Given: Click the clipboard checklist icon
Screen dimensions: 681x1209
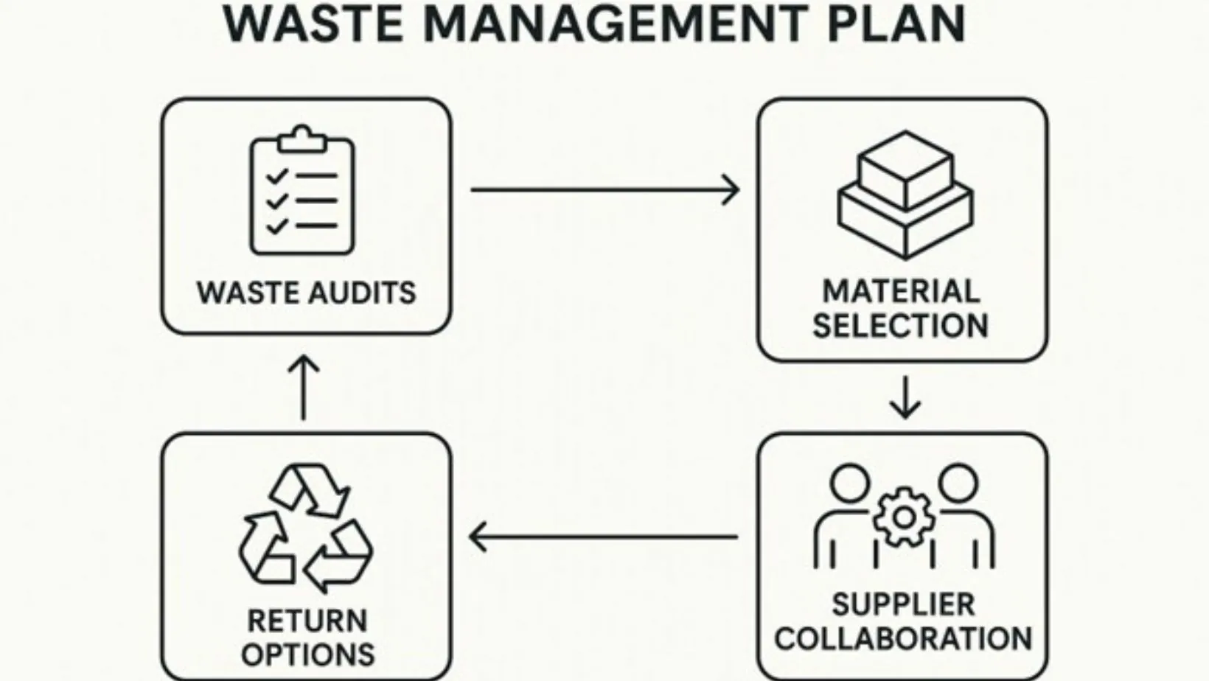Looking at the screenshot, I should (x=302, y=192).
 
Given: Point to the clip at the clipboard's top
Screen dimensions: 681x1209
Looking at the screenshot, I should (x=302, y=138).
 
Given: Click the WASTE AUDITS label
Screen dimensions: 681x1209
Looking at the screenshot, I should (x=306, y=293).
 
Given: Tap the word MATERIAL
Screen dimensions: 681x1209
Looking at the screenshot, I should (x=901, y=291).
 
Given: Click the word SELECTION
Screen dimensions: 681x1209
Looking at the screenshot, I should (x=901, y=325).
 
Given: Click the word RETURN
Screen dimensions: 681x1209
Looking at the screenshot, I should (x=307, y=621).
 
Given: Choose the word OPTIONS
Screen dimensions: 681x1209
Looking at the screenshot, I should (x=307, y=654).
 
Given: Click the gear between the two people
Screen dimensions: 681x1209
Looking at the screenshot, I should (x=903, y=517).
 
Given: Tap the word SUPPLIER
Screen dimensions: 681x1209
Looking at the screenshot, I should (x=903, y=604).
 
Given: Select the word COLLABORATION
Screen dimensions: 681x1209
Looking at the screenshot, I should (x=903, y=638).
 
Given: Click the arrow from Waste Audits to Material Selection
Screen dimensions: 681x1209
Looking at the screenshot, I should (x=604, y=190).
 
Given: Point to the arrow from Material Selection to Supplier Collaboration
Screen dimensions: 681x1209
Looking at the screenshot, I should (x=905, y=398).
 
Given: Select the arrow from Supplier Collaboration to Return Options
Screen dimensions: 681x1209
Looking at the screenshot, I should (x=603, y=537).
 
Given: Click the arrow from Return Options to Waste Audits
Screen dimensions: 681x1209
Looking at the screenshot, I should (x=304, y=388).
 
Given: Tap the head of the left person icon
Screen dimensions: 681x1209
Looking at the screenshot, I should (x=850, y=483).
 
